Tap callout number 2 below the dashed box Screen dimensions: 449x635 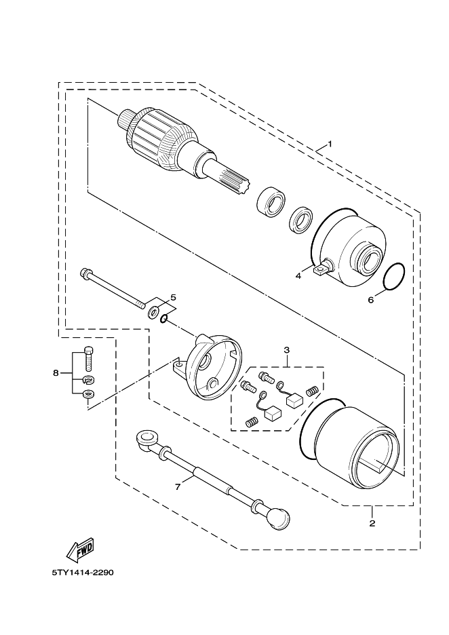coord(372,523)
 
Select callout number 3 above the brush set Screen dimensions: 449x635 coord(287,349)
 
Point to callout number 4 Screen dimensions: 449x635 coord(298,276)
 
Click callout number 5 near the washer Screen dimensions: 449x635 coord(173,298)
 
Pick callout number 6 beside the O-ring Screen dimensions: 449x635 coord(370,300)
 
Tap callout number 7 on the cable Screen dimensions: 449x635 coord(177,487)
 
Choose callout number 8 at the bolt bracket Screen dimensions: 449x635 coord(56,373)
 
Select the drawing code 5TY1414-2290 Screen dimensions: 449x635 coord(83,573)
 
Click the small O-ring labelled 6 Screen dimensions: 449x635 coord(394,277)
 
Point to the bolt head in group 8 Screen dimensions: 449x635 coord(89,351)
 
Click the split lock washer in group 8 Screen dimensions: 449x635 coord(88,380)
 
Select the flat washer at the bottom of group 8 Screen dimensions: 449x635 coord(88,393)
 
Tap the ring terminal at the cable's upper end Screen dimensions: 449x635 coord(147,440)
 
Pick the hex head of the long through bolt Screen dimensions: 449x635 coord(85,273)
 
